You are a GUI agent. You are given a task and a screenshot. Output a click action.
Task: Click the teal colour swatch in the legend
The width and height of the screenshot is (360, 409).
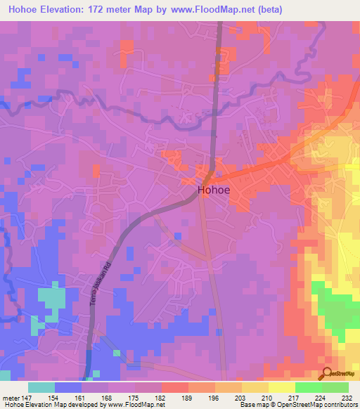pos(41,387)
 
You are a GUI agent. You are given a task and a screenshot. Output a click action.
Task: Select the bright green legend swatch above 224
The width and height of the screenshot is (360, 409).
pos(309,387)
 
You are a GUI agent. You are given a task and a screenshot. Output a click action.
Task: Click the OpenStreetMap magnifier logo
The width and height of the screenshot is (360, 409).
pos(328,374)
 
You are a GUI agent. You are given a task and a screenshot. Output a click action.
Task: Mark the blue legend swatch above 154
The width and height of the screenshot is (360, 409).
pos(68,387)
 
